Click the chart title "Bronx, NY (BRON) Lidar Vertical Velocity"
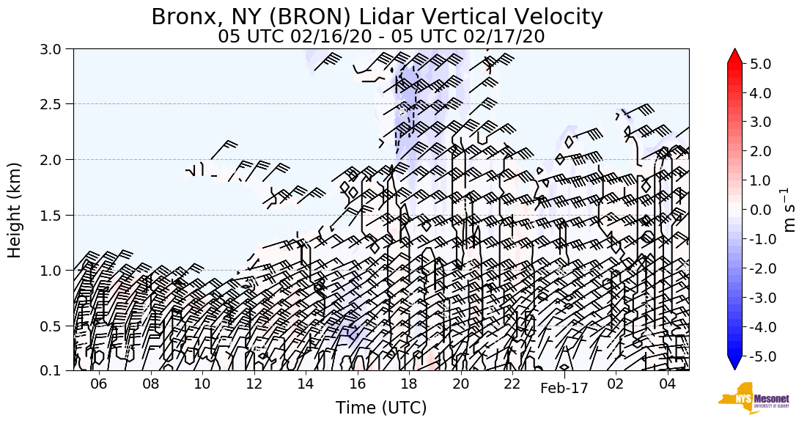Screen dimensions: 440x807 tap(377, 17)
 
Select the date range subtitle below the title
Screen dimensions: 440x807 tap(381, 37)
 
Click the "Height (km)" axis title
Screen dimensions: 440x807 tap(15, 210)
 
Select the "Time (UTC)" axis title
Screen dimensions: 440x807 tap(381, 408)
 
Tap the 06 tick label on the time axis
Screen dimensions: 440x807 tap(99, 384)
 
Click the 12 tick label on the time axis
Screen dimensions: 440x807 tap(254, 384)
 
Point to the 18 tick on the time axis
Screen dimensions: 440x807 tap(408, 384)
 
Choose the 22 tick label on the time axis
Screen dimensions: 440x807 tap(512, 384)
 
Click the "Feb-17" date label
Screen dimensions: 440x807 tap(564, 389)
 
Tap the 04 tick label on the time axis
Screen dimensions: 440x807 tap(667, 384)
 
